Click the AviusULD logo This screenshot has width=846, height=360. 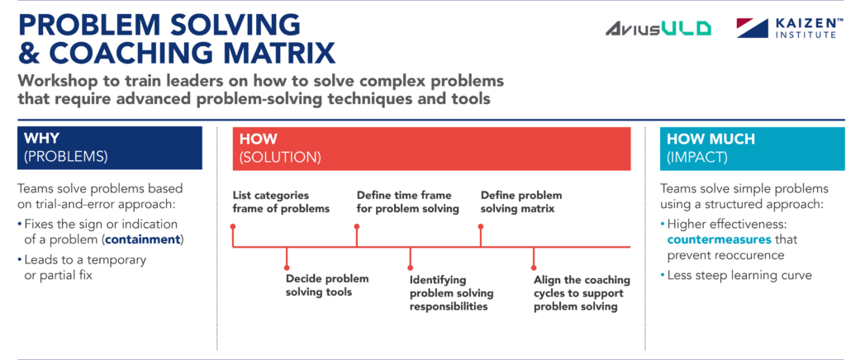(658, 28)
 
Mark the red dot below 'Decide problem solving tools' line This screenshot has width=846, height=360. (286, 267)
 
